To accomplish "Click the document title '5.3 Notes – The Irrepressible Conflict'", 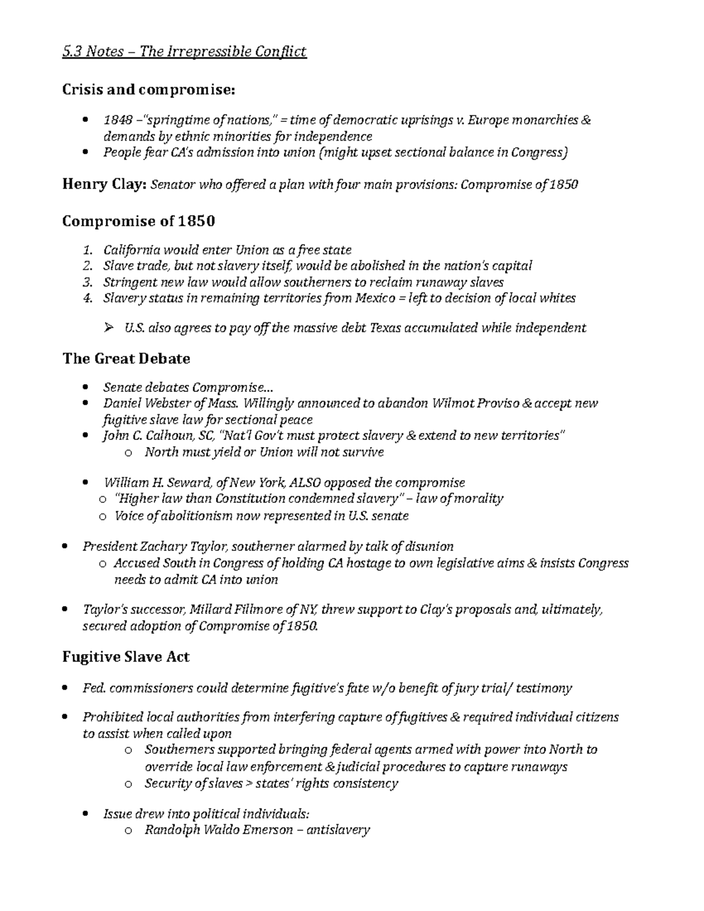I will (x=184, y=52).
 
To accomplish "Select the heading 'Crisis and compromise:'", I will (x=148, y=90).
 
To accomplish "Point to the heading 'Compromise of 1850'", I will (x=138, y=221).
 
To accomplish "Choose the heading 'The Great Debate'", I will (x=126, y=358).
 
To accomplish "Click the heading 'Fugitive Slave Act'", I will (x=126, y=657).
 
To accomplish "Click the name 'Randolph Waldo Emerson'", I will (x=218, y=830).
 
